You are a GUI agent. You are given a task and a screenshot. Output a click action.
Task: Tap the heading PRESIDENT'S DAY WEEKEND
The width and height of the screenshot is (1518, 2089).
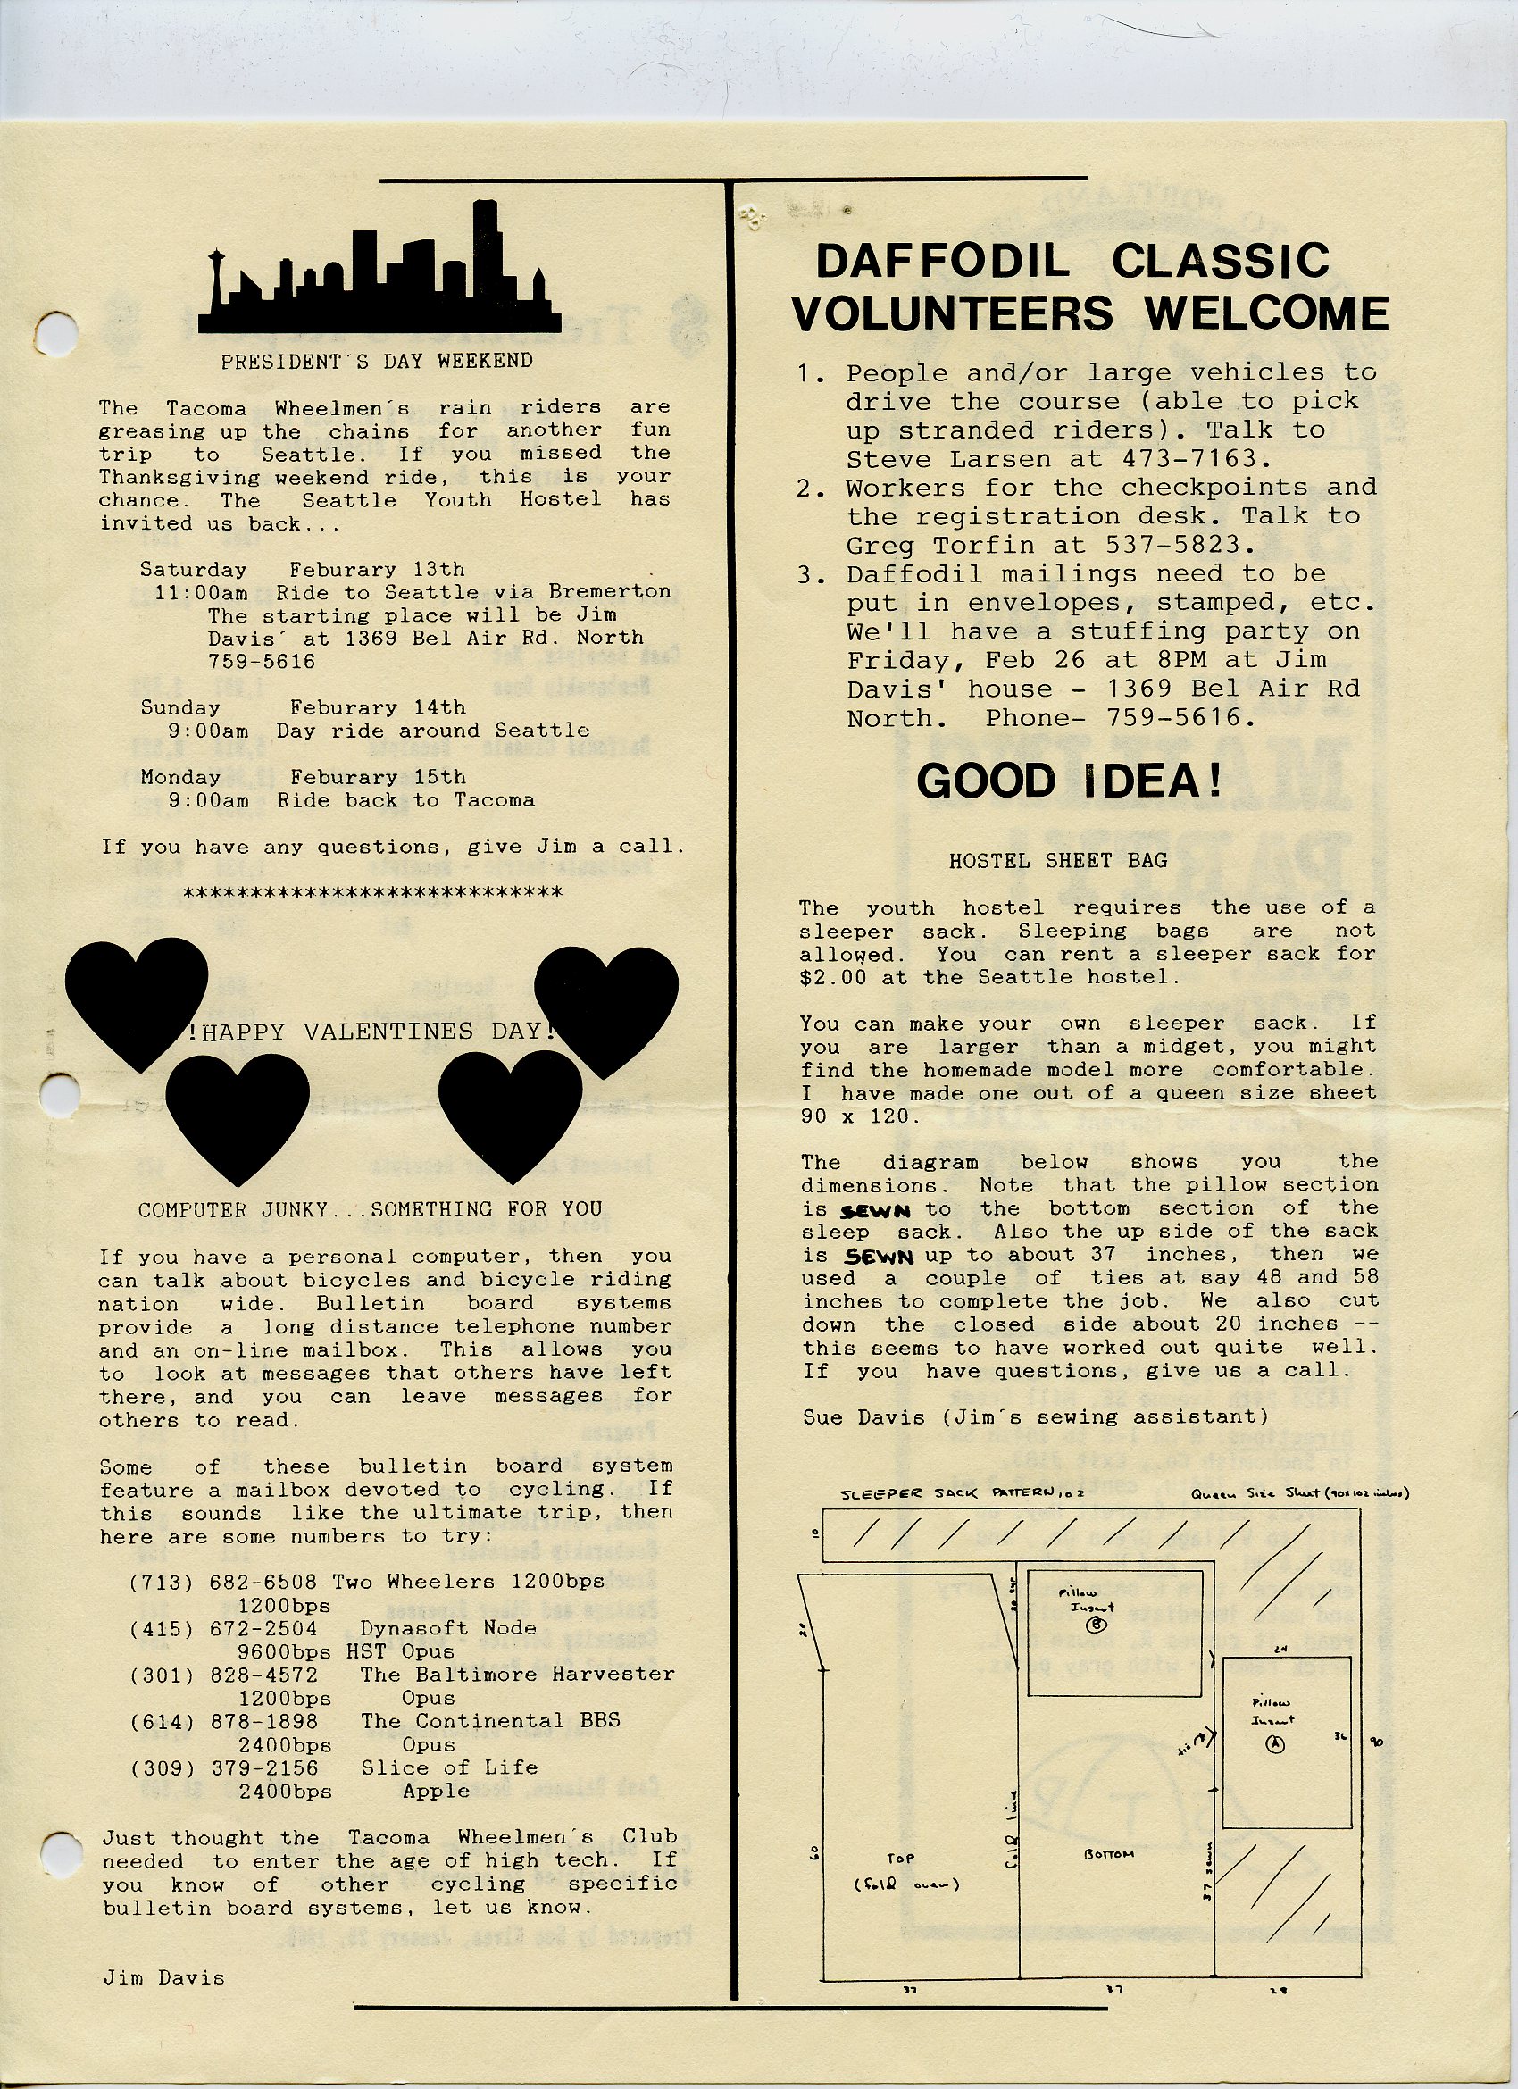coord(377,361)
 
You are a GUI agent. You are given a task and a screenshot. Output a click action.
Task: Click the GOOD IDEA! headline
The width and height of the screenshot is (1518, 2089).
coord(1070,781)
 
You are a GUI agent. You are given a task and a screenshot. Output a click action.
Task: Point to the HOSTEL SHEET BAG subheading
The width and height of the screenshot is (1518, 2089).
coord(1058,861)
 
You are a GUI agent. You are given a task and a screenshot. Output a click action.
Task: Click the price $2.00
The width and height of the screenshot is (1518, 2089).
coord(833,977)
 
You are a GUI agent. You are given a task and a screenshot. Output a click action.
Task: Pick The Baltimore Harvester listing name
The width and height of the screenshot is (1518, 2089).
coord(518,1675)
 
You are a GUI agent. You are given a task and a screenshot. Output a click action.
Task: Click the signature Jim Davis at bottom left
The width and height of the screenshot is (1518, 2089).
coord(163,1977)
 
